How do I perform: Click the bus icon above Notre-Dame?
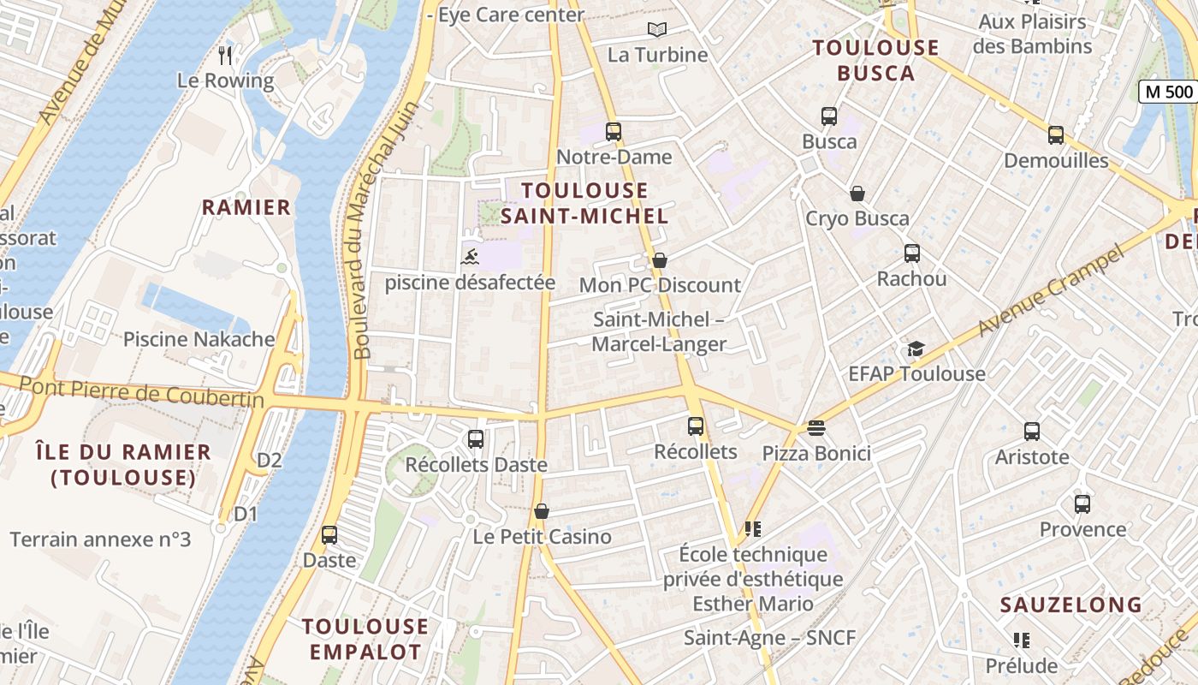613,132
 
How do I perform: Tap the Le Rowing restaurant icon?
225,56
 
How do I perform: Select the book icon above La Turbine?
656,30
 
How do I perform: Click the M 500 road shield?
1168,92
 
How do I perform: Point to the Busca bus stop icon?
828,116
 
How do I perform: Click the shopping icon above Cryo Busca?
857,194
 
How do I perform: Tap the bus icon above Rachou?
911,253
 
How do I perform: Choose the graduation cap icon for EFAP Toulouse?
916,348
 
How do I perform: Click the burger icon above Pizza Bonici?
815,427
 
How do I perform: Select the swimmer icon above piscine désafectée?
469,256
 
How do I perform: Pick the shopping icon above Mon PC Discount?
659,259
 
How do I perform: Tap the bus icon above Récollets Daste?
475,439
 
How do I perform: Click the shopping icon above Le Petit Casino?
541,511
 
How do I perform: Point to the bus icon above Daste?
329,535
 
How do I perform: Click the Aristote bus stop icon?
1031,432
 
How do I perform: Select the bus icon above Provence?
1082,503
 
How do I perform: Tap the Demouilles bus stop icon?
1055,135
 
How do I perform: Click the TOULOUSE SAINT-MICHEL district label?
584,203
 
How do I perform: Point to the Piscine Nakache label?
199,339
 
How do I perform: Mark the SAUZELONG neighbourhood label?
1070,605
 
